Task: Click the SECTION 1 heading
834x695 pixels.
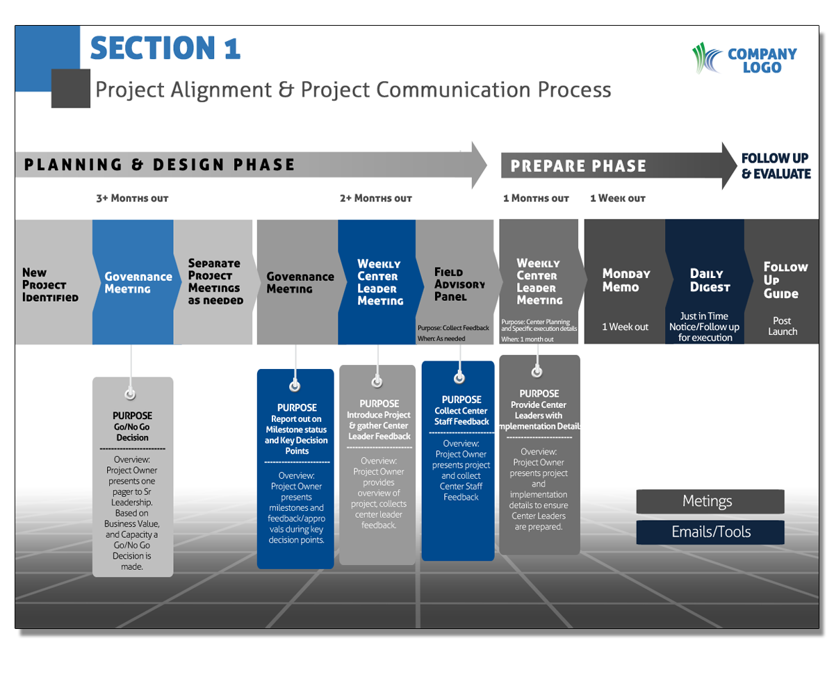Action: (x=165, y=48)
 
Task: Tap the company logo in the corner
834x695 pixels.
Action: (x=744, y=60)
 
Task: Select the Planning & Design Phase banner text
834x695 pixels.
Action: (x=160, y=165)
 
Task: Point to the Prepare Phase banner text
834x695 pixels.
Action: (x=578, y=166)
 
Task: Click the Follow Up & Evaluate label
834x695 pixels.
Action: (x=776, y=167)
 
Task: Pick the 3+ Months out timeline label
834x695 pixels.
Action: (x=132, y=199)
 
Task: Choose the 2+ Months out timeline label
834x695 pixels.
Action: (x=375, y=199)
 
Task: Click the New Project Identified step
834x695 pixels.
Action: (x=50, y=285)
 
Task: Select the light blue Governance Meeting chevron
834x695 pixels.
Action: (x=138, y=282)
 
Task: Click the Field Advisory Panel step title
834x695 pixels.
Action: (x=459, y=284)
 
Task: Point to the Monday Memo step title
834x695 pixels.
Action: (x=625, y=280)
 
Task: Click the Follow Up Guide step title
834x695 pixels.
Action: (x=785, y=280)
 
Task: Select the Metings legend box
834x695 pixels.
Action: (x=710, y=501)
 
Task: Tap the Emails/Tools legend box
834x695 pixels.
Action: (x=710, y=532)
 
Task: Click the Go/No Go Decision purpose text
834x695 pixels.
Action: (x=132, y=432)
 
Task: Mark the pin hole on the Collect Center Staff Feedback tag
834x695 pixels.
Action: (x=459, y=378)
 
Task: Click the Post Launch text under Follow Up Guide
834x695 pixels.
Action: (x=783, y=327)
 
